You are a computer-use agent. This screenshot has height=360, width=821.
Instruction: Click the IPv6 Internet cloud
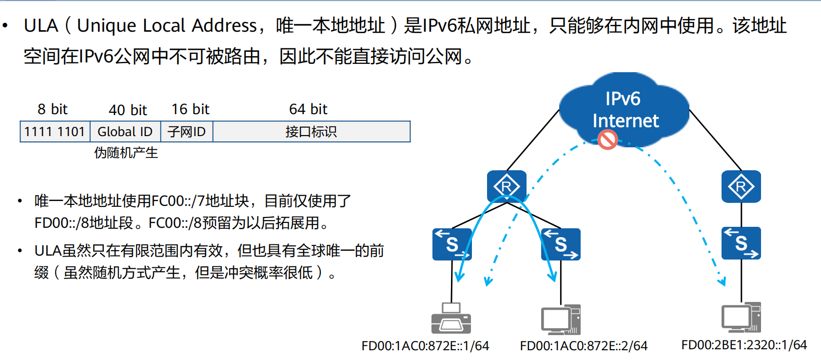click(x=624, y=110)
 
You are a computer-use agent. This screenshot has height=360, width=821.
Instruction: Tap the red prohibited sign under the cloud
click(x=607, y=140)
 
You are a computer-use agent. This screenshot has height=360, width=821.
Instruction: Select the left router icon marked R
click(x=507, y=186)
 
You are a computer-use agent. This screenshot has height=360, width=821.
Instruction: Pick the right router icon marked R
click(x=741, y=186)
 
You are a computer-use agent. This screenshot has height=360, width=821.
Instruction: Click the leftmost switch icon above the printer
click(x=452, y=244)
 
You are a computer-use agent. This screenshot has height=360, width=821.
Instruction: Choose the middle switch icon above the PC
click(x=561, y=244)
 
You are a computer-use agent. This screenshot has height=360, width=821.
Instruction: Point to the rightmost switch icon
click(x=741, y=243)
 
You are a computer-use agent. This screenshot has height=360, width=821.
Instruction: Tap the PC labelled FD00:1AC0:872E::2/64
click(x=561, y=320)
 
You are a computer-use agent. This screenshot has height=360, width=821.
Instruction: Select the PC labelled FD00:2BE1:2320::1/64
click(x=741, y=318)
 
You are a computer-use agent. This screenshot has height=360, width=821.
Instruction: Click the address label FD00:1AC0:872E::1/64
click(x=425, y=346)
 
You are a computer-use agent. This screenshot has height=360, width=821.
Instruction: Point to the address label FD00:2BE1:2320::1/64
click(x=744, y=345)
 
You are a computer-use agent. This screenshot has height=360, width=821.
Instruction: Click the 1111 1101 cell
click(x=55, y=132)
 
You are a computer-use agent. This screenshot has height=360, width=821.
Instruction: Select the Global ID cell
click(x=125, y=132)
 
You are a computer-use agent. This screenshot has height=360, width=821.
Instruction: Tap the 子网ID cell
click(x=186, y=132)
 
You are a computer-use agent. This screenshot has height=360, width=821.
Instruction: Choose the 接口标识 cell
click(x=311, y=132)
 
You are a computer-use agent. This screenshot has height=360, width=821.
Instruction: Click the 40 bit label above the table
click(x=128, y=110)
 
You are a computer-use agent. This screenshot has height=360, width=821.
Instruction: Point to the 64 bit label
click(x=308, y=109)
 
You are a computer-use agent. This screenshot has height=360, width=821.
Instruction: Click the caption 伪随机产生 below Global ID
click(x=126, y=153)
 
